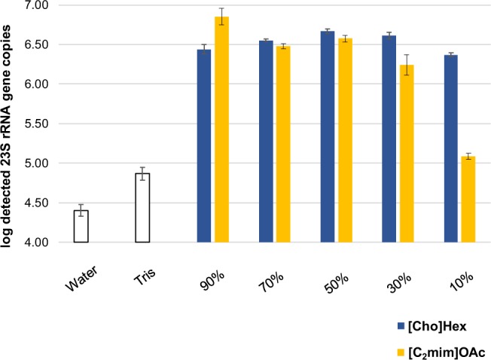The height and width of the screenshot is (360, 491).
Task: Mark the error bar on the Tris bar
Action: (x=142, y=173)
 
